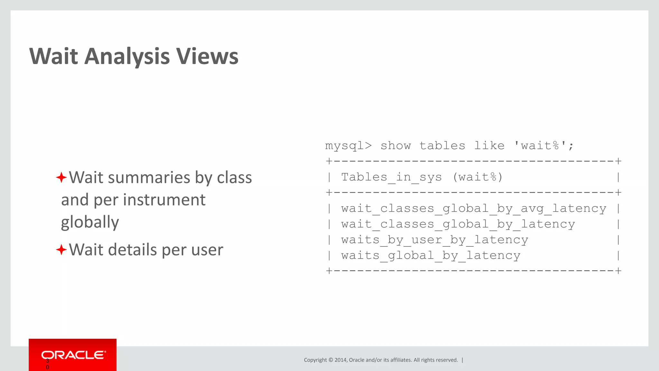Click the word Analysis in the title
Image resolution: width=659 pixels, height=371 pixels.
pos(127,56)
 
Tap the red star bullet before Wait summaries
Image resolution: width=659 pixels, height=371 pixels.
pos(61,177)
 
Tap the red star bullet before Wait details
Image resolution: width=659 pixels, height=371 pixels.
pos(61,250)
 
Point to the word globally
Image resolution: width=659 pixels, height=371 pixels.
pos(90,222)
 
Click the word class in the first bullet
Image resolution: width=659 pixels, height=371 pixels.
pos(234,177)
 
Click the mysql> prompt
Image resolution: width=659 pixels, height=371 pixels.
pos(348,146)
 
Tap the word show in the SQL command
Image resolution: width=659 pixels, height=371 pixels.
pos(395,146)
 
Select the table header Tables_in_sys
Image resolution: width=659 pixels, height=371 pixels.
pos(392,177)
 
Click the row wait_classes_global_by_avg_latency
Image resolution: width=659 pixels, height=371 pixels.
pos(474,209)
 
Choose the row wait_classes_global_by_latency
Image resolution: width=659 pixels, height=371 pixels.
pos(458,224)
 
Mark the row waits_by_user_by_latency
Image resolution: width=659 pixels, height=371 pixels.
pos(434,240)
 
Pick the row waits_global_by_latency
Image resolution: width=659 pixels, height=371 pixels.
pos(431,256)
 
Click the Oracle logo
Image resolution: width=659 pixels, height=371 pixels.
pos(73,355)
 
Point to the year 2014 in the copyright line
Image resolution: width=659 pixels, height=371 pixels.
pos(340,360)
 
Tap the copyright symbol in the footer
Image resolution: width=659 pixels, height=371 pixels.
pos(330,360)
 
